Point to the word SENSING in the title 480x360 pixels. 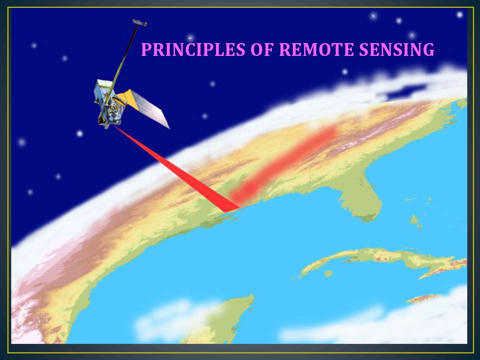[397, 49]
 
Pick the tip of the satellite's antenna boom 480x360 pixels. [140, 22]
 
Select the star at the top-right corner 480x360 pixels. [460, 15]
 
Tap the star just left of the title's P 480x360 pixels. [190, 38]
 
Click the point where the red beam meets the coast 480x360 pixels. [232, 210]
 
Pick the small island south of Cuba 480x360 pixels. [328, 274]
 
